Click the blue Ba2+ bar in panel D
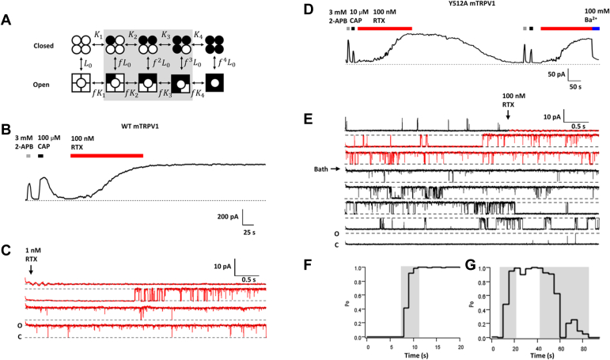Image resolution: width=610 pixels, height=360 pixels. [x=596, y=28]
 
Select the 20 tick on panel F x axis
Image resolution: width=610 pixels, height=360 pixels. [x=460, y=346]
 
